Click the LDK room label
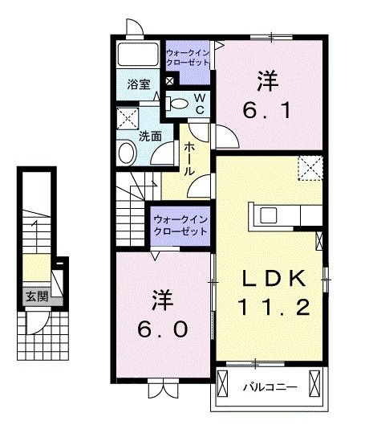pos(274,279)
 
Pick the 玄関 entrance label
pos(35,296)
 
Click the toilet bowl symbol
pos(178,102)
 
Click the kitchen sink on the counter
pos(268,215)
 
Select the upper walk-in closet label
pos(187,58)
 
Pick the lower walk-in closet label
pos(179,223)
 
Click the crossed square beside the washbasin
pos(126,119)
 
